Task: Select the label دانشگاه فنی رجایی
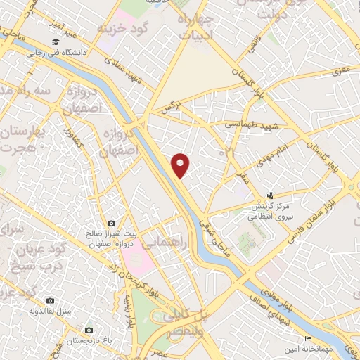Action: tap(56, 52)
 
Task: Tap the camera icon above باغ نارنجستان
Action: tap(89, 330)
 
